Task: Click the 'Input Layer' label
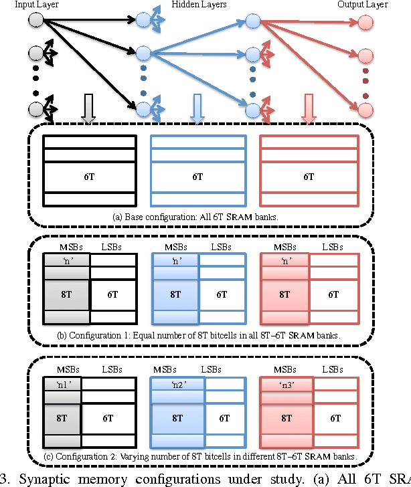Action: pos(23,5)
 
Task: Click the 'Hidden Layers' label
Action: pos(201,5)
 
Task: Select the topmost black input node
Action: pos(36,20)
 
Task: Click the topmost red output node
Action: pos(365,23)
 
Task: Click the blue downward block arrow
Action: pos(197,109)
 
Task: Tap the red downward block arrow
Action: pos(308,109)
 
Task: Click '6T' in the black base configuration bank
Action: pos(88,177)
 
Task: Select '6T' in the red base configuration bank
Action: pos(309,177)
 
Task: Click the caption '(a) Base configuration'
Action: pos(199,217)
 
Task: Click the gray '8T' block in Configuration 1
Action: pos(66,294)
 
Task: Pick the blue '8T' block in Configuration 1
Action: pos(175,294)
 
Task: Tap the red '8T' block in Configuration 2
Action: pos(286,417)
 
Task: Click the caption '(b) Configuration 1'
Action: pos(199,334)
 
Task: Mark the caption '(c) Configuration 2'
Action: pos(199,457)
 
